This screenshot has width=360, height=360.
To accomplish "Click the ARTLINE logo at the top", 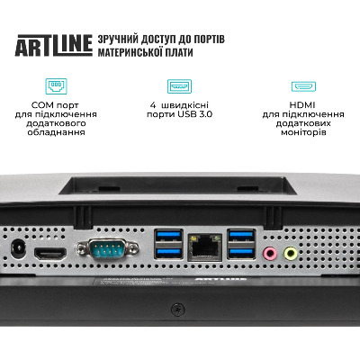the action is (54, 45).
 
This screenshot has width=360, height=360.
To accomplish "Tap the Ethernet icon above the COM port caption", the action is (56, 86).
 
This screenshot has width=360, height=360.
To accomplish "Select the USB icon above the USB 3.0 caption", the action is (179, 86).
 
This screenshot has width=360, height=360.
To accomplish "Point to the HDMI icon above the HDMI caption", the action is (303, 86).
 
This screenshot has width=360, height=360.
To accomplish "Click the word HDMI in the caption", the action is (302, 105).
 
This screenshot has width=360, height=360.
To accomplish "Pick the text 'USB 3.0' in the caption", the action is (195, 114).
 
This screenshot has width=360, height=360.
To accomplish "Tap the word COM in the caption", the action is (42, 105).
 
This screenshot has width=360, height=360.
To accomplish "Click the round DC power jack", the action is (18, 248).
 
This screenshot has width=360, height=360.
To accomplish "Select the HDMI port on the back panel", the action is (50, 254).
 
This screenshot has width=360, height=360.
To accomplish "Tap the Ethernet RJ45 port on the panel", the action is (205, 247).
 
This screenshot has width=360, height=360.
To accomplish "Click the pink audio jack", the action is (270, 254).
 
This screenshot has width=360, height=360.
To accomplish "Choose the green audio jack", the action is (291, 254).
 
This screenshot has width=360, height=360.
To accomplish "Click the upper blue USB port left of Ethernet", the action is (168, 236).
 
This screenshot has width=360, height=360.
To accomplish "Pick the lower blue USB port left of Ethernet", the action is (168, 253).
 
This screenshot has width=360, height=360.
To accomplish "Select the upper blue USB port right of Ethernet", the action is (241, 236).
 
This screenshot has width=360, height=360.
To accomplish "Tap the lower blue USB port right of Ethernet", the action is (241, 253).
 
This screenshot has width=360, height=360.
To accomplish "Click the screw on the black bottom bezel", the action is (177, 309).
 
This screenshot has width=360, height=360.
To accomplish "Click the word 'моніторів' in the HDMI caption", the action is (303, 132).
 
